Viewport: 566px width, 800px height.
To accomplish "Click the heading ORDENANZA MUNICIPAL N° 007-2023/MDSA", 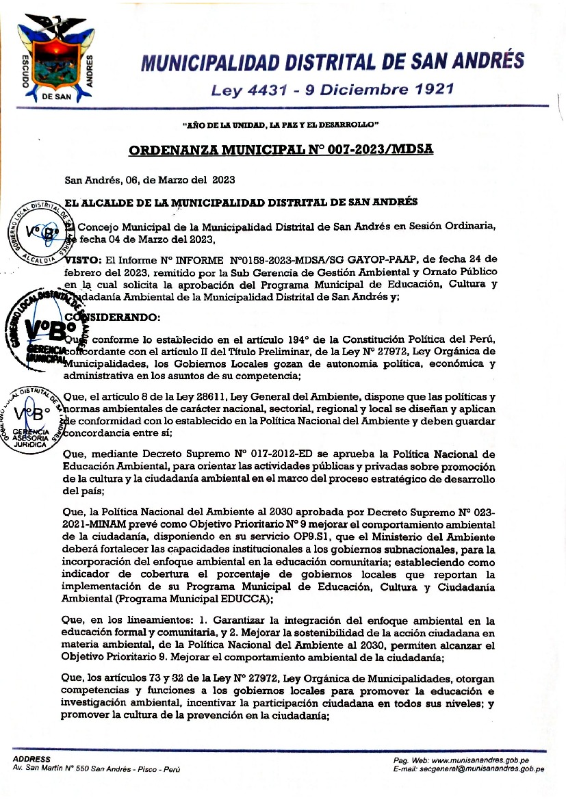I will click(281, 150).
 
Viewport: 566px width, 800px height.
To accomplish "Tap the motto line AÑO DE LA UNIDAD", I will click(281, 125).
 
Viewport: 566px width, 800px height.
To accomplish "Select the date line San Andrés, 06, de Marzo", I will click(150, 181).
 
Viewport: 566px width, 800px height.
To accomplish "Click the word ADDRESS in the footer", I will click(32, 760).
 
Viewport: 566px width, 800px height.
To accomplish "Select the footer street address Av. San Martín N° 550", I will click(96, 769).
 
